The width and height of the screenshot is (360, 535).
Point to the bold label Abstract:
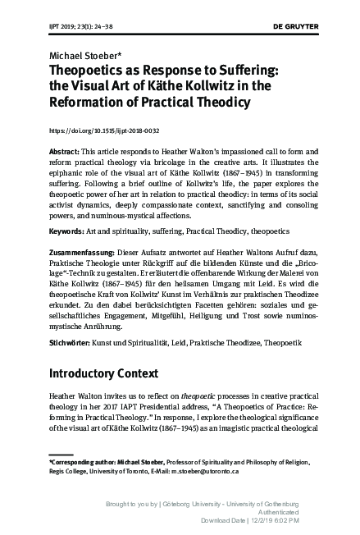(x=66, y=153)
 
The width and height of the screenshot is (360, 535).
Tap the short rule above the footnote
(x=66, y=453)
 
